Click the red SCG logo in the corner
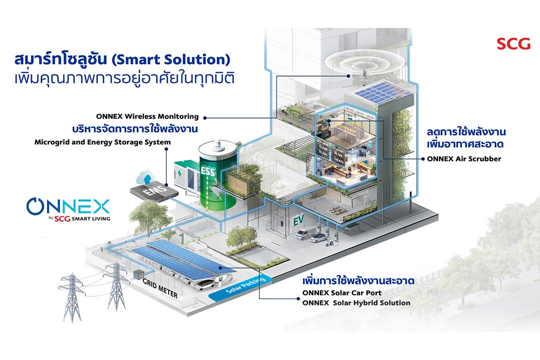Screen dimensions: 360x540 coord(513,43)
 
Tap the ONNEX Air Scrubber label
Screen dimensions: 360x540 coord(464,159)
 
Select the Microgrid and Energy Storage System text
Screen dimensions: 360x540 coord(102,142)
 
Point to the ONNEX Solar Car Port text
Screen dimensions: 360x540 coord(342,292)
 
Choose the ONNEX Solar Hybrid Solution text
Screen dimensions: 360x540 coord(356,302)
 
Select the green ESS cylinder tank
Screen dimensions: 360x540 coord(215,180)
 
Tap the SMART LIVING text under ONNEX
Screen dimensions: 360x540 coord(89,218)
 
